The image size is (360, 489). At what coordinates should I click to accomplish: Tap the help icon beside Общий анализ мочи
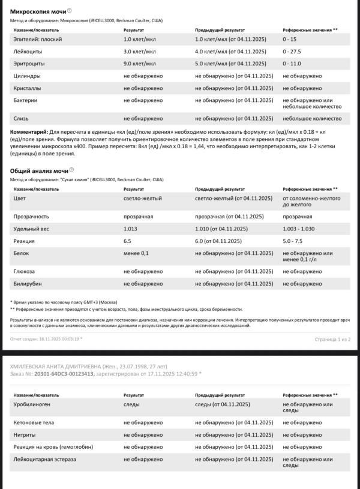click(x=71, y=170)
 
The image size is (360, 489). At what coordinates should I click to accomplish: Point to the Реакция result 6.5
click(x=127, y=241)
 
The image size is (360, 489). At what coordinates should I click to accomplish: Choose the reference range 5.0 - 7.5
click(x=293, y=241)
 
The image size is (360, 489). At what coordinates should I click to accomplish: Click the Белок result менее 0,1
click(x=136, y=253)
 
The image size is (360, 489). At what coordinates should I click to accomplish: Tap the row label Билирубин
click(x=28, y=284)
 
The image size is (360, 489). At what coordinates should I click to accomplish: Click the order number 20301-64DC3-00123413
click(x=64, y=373)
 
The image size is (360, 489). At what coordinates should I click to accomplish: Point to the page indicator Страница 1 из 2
click(x=332, y=339)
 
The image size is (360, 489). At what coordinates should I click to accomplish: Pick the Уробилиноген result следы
click(x=131, y=405)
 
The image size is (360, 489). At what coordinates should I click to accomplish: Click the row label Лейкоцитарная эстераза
click(x=44, y=459)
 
